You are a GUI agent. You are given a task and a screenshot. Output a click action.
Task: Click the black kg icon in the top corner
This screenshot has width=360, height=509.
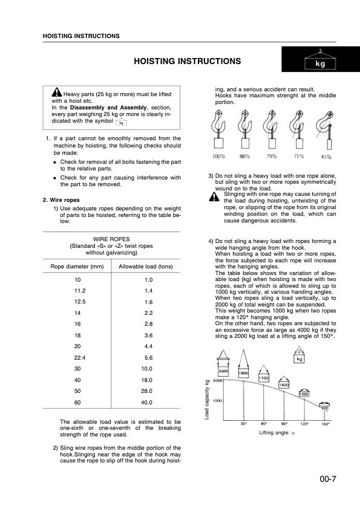coord(321,61)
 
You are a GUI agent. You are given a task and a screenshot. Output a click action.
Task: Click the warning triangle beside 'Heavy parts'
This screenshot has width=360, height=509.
coord(56,93)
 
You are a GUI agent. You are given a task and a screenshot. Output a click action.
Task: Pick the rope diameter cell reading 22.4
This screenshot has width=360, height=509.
coord(77,357)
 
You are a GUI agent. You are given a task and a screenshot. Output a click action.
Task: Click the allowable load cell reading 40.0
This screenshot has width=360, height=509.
coord(146,402)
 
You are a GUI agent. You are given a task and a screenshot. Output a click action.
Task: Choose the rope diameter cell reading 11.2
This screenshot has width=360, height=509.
coord(77,291)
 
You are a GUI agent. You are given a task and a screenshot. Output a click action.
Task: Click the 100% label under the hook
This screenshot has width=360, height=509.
coord(218,157)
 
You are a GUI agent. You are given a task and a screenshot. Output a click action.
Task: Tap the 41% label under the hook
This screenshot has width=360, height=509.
coord(326,157)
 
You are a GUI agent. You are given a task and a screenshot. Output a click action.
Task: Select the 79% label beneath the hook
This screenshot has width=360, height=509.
coord(272,157)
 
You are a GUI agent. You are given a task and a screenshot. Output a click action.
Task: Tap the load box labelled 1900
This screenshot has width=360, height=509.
coord(244,374)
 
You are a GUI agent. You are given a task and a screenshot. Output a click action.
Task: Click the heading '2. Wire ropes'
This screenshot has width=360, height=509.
coord(62,200)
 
